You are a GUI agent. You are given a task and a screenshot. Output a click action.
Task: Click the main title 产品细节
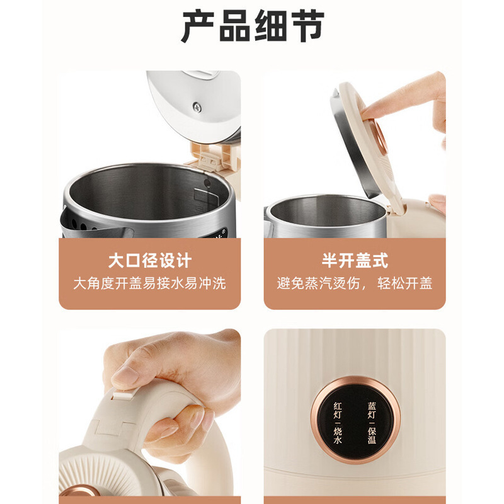pos(253,25)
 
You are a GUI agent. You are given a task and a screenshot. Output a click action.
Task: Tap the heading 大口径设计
pos(150,260)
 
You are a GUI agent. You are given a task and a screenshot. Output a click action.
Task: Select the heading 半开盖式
pos(355,260)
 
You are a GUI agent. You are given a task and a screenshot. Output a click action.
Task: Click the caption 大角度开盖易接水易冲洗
pos(150,283)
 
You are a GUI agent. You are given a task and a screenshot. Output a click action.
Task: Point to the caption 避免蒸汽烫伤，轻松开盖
pos(355,283)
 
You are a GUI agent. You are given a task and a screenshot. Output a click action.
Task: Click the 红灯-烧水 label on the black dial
pos(338,423)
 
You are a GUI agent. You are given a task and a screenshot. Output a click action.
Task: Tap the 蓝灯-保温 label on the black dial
pos(372,423)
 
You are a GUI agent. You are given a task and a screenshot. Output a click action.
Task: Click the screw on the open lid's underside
pos(197,107)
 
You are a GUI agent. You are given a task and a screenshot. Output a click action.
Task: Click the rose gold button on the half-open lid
pos(380,135)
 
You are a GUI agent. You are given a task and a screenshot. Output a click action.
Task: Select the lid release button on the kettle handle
pos(122,394)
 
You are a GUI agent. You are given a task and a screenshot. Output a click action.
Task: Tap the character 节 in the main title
pos(308,25)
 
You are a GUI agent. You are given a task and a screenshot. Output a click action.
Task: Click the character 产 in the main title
pos(197,25)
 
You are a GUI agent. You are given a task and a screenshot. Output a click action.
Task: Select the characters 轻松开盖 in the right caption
pos(405,283)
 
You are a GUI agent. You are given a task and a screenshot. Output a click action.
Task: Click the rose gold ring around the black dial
pos(355,379)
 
